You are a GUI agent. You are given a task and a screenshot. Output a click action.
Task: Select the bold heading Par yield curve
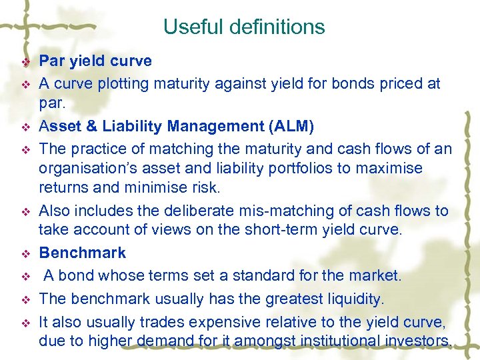(95, 61)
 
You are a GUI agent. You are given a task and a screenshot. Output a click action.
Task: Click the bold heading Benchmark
(82, 253)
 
